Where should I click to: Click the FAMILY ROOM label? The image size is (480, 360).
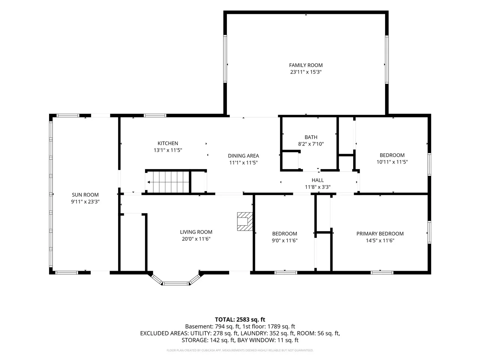(x=306, y=65)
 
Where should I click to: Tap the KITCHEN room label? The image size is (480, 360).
(x=168, y=143)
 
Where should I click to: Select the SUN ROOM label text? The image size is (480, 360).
(x=85, y=195)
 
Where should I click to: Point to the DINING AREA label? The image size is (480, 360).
(x=243, y=156)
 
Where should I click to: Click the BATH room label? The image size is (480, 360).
(x=311, y=137)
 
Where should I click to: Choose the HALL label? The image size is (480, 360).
(x=318, y=180)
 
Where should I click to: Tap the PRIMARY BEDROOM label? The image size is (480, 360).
(x=380, y=234)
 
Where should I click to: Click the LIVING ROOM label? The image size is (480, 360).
(x=196, y=232)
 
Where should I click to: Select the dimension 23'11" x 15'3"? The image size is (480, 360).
(x=306, y=72)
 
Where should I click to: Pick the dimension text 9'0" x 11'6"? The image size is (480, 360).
(x=285, y=240)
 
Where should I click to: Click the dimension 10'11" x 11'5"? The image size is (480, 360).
(x=392, y=162)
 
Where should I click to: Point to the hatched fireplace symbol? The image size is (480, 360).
(x=245, y=222)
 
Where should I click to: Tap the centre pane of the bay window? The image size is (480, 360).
(x=175, y=283)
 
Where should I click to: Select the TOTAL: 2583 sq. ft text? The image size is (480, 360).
(x=240, y=319)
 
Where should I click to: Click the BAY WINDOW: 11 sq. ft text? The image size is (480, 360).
(x=268, y=340)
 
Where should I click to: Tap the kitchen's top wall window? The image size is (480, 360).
(x=155, y=115)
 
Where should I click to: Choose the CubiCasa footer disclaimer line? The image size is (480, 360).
(x=240, y=350)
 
